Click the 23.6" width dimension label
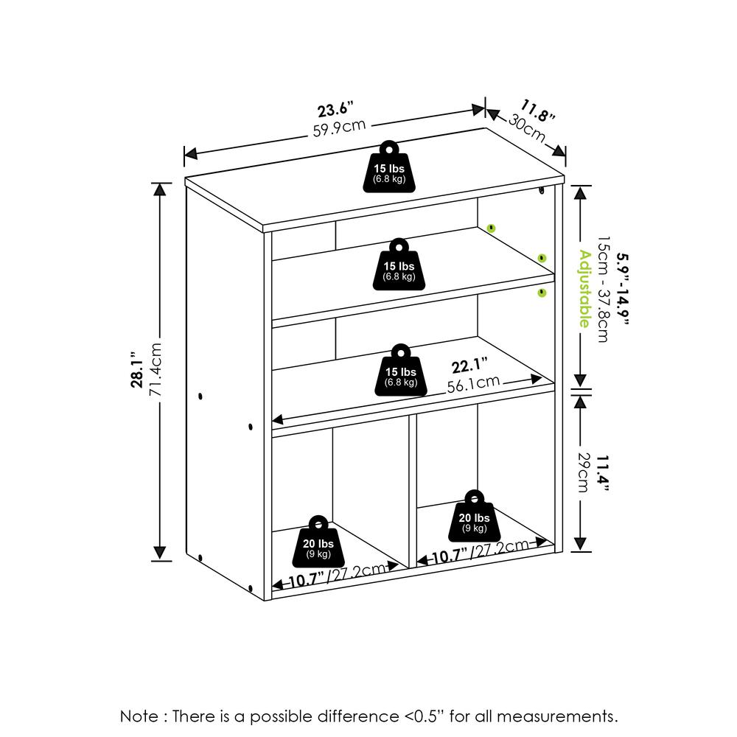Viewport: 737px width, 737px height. tap(335, 109)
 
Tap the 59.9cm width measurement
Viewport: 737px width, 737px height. tap(339, 128)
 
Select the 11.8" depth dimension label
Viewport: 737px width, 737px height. tap(538, 111)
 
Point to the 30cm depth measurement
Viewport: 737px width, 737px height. tap(526, 128)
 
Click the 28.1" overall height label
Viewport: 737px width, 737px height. tap(137, 369)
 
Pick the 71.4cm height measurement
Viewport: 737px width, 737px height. tap(155, 369)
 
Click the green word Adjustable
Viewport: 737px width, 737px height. tap(584, 289)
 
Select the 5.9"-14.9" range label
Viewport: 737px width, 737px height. tap(622, 289)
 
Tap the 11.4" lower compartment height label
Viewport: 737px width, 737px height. tap(603, 473)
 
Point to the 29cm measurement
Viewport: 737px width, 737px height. tap(583, 472)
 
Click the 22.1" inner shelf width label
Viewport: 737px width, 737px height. tap(469, 366)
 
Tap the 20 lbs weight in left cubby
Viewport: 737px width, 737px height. tap(318, 542)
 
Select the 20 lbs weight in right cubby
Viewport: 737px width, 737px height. tap(474, 516)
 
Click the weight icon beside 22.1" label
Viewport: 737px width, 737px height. tap(401, 371)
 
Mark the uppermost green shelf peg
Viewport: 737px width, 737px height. tap(491, 228)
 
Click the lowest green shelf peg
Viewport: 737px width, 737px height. tap(542, 293)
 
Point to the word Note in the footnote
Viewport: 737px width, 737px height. tap(139, 717)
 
